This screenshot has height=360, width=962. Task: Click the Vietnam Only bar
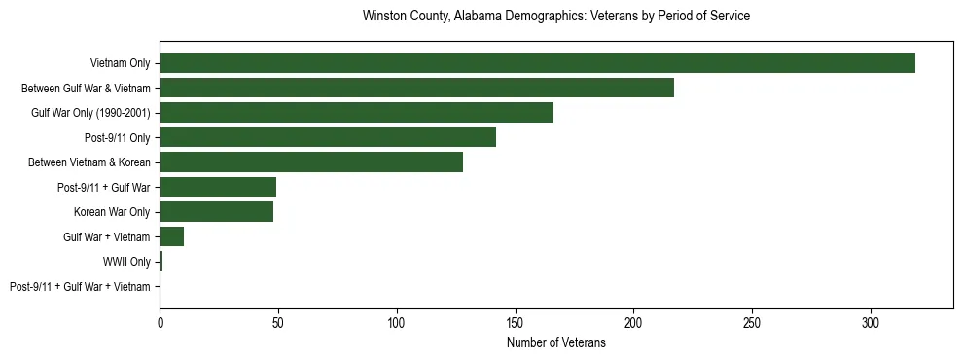tap(537, 63)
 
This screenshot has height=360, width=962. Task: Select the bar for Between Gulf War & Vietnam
tap(416, 88)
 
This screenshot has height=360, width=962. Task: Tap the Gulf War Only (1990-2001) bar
tap(356, 113)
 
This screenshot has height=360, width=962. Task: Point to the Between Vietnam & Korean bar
tap(311, 162)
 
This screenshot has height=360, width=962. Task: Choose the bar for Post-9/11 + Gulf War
tap(218, 187)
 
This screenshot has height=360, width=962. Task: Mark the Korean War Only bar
tap(216, 211)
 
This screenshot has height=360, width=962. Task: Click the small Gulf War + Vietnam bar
tap(172, 236)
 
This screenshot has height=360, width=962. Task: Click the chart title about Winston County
tap(555, 17)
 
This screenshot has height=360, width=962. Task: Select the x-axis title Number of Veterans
tap(555, 342)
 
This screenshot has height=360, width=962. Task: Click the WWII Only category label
tap(126, 262)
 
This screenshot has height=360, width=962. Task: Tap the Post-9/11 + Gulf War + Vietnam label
tap(80, 286)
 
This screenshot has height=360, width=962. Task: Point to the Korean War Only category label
tap(112, 212)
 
